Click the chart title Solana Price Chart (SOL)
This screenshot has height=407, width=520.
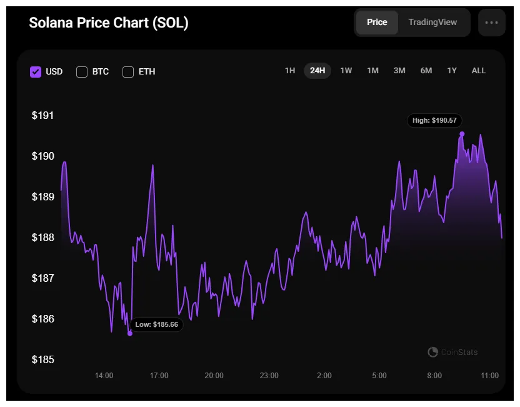coord(109,23)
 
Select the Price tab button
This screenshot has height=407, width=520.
coord(377,23)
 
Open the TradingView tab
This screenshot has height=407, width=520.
coord(432,23)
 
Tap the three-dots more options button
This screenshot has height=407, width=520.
coord(491,23)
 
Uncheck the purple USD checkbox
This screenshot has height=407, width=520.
coord(36,71)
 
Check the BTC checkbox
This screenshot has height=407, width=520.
coord(82,71)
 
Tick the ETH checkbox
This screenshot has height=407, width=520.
coord(128,71)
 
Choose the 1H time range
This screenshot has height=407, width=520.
coord(290,71)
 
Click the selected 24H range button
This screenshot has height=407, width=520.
coord(317,71)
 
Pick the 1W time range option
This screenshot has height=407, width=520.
coord(346,71)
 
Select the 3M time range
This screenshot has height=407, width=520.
coord(399,71)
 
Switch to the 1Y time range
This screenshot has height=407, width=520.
coord(452,71)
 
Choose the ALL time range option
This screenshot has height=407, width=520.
coord(478,71)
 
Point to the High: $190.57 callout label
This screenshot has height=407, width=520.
coord(434,120)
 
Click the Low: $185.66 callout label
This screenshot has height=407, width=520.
coord(157,324)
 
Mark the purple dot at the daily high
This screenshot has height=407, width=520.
coord(462,134)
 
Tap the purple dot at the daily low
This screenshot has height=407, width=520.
coord(130,333)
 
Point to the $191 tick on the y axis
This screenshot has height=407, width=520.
coord(43,115)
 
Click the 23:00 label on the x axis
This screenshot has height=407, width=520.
coord(269,376)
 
